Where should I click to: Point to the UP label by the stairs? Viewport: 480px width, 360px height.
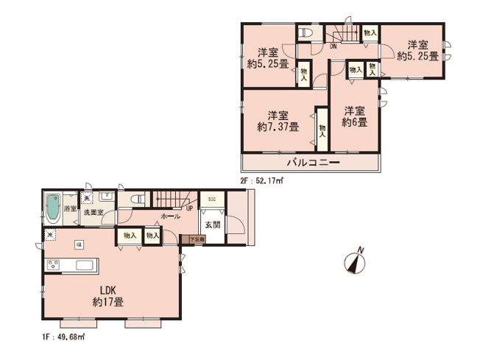click(x=190, y=208)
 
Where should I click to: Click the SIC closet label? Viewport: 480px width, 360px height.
click(x=211, y=200)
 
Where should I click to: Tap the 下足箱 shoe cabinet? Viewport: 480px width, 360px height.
click(x=197, y=239)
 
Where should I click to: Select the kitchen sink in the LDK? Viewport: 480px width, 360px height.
click(x=82, y=265)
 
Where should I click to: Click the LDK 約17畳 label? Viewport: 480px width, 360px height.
click(x=107, y=295)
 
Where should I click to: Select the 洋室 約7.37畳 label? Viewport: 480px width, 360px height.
click(x=278, y=121)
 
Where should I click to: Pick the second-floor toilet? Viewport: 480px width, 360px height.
click(x=307, y=32)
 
